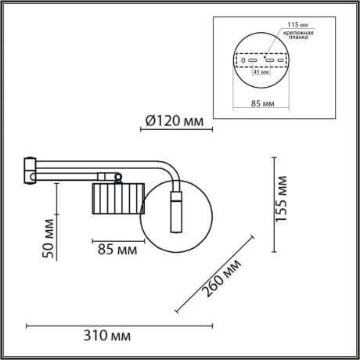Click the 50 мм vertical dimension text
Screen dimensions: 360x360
(x=49, y=240)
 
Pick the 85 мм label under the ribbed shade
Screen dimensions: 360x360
(x=117, y=250)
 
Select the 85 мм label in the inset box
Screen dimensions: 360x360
(x=263, y=103)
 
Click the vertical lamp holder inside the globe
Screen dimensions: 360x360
(x=177, y=211)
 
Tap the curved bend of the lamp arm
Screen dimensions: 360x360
(x=171, y=168)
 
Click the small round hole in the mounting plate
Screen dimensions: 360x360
(x=243, y=60)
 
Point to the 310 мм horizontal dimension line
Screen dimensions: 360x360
(x=121, y=324)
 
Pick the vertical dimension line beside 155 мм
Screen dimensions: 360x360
(x=273, y=203)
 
